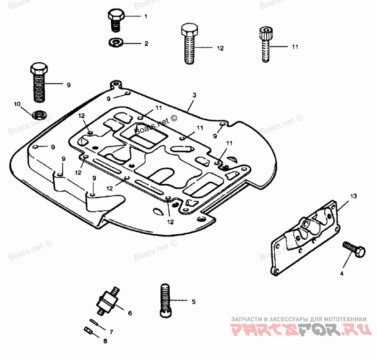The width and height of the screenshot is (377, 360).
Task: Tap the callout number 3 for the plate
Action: (x=194, y=95)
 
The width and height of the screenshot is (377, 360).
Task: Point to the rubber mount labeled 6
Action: (x=107, y=300)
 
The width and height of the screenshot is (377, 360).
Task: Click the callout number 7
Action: (x=112, y=331)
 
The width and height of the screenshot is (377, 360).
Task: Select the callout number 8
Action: (x=105, y=340)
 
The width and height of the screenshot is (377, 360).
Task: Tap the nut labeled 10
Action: (x=39, y=114)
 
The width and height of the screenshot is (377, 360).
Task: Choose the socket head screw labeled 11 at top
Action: (x=264, y=45)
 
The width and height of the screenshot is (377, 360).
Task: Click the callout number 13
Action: (x=354, y=195)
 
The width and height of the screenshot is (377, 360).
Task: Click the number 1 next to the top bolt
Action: (x=146, y=16)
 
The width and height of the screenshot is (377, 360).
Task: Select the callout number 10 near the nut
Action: (x=17, y=104)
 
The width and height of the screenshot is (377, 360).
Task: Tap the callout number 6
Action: (x=130, y=312)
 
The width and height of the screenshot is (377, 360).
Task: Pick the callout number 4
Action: (x=342, y=273)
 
